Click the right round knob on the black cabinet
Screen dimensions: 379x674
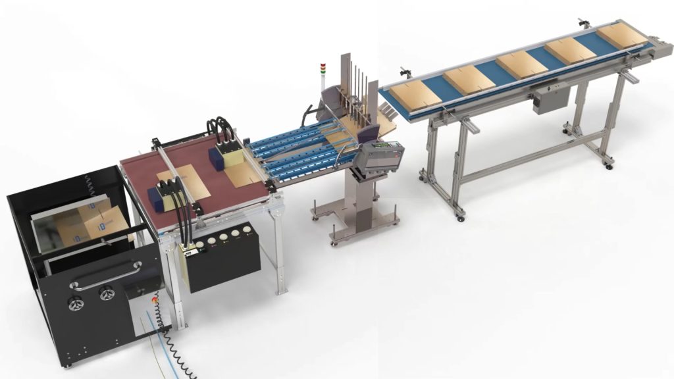[105, 294]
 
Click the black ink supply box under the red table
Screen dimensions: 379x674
[224, 263]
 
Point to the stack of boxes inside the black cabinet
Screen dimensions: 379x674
[86, 224]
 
